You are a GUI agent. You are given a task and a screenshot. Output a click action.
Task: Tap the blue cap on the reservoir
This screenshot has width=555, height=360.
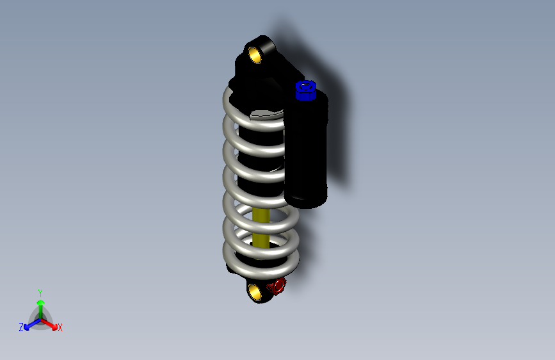tap(305, 90)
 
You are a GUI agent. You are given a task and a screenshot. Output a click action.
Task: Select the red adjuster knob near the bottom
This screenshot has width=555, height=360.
tap(277, 286)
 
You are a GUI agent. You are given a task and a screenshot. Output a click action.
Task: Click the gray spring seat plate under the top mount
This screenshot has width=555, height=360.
tap(266, 115)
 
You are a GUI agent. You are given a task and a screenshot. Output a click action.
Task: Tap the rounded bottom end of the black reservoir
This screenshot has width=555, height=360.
tap(306, 200)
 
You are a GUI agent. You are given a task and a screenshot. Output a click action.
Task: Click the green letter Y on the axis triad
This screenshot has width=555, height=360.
tap(40, 291)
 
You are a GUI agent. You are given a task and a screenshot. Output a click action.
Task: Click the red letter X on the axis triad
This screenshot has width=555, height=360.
tap(60, 328)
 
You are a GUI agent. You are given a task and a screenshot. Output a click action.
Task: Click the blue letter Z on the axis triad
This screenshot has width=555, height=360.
tap(21, 327)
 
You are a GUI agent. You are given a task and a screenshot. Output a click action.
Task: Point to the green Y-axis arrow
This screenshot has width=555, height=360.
tap(40, 306)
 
